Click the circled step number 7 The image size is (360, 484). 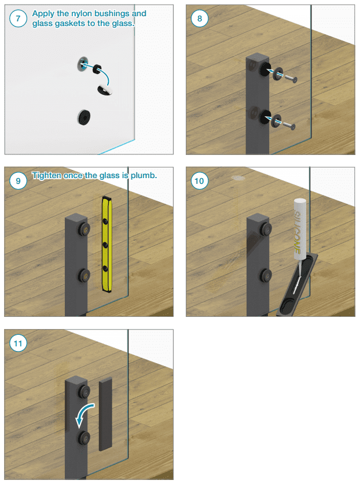(18, 19)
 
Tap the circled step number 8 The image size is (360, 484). (200, 19)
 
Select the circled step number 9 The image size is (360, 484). (18, 181)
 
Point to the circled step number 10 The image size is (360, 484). (200, 181)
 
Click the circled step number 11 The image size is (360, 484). (18, 343)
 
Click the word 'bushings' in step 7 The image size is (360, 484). (112, 14)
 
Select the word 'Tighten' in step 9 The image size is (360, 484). (46, 176)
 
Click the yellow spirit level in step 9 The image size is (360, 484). (107, 244)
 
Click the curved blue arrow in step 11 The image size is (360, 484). (84, 415)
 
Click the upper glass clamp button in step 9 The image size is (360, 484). (84, 229)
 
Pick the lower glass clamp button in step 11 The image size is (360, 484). (84, 438)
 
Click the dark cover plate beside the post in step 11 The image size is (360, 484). (105, 413)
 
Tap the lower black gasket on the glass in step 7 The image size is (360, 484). (84, 117)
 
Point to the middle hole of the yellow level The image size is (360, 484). (105, 245)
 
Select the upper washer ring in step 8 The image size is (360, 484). (277, 74)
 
